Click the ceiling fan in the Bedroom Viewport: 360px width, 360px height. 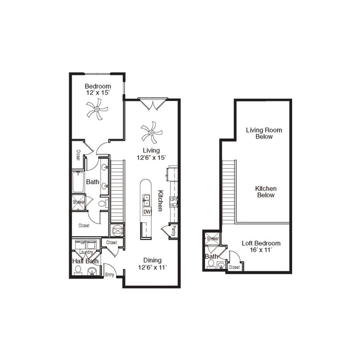click(x=97, y=108)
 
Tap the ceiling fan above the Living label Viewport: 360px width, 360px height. click(x=151, y=132)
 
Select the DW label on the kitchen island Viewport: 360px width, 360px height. click(x=146, y=212)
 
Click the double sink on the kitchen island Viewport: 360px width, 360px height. click(x=146, y=200)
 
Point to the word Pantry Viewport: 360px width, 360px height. click(x=174, y=231)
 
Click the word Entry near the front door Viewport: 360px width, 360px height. click(x=109, y=275)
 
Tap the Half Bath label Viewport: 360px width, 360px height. click(x=85, y=261)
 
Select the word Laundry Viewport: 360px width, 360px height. click(x=86, y=252)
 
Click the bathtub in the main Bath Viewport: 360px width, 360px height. click(x=79, y=182)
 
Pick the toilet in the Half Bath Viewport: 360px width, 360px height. click(x=78, y=270)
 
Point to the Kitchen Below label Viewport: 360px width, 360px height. click(x=265, y=192)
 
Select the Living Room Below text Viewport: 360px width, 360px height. click(x=264, y=133)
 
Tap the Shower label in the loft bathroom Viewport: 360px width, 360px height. click(x=212, y=239)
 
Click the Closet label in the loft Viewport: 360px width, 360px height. click(x=234, y=267)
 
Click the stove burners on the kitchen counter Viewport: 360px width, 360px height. click(x=174, y=202)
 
